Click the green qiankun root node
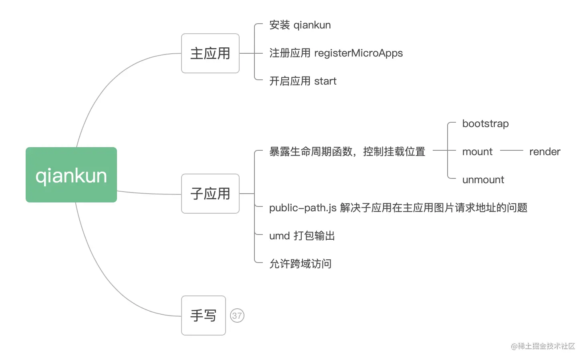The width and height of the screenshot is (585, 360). tap(71, 175)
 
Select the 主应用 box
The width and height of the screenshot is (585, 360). tap(210, 53)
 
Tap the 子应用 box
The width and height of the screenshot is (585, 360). tap(210, 194)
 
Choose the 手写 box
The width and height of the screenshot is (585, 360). tap(203, 316)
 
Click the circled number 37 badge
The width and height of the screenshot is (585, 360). tap(237, 316)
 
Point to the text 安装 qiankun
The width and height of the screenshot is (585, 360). tap(300, 25)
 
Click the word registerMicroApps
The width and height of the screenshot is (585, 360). tap(358, 53)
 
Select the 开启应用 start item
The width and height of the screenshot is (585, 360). tap(303, 81)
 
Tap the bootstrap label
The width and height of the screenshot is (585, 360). tap(485, 123)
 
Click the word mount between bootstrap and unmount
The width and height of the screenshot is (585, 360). tap(477, 152)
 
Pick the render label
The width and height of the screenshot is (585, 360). tap(545, 152)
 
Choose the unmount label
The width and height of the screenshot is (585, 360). tap(483, 180)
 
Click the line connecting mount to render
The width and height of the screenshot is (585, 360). tap(511, 150)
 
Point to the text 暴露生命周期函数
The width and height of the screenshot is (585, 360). tap(311, 152)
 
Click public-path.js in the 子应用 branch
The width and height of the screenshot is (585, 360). tap(303, 208)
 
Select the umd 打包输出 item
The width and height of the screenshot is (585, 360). tap(302, 236)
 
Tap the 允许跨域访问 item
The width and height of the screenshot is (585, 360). tap(300, 264)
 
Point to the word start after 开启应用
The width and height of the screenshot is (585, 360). tap(325, 81)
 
